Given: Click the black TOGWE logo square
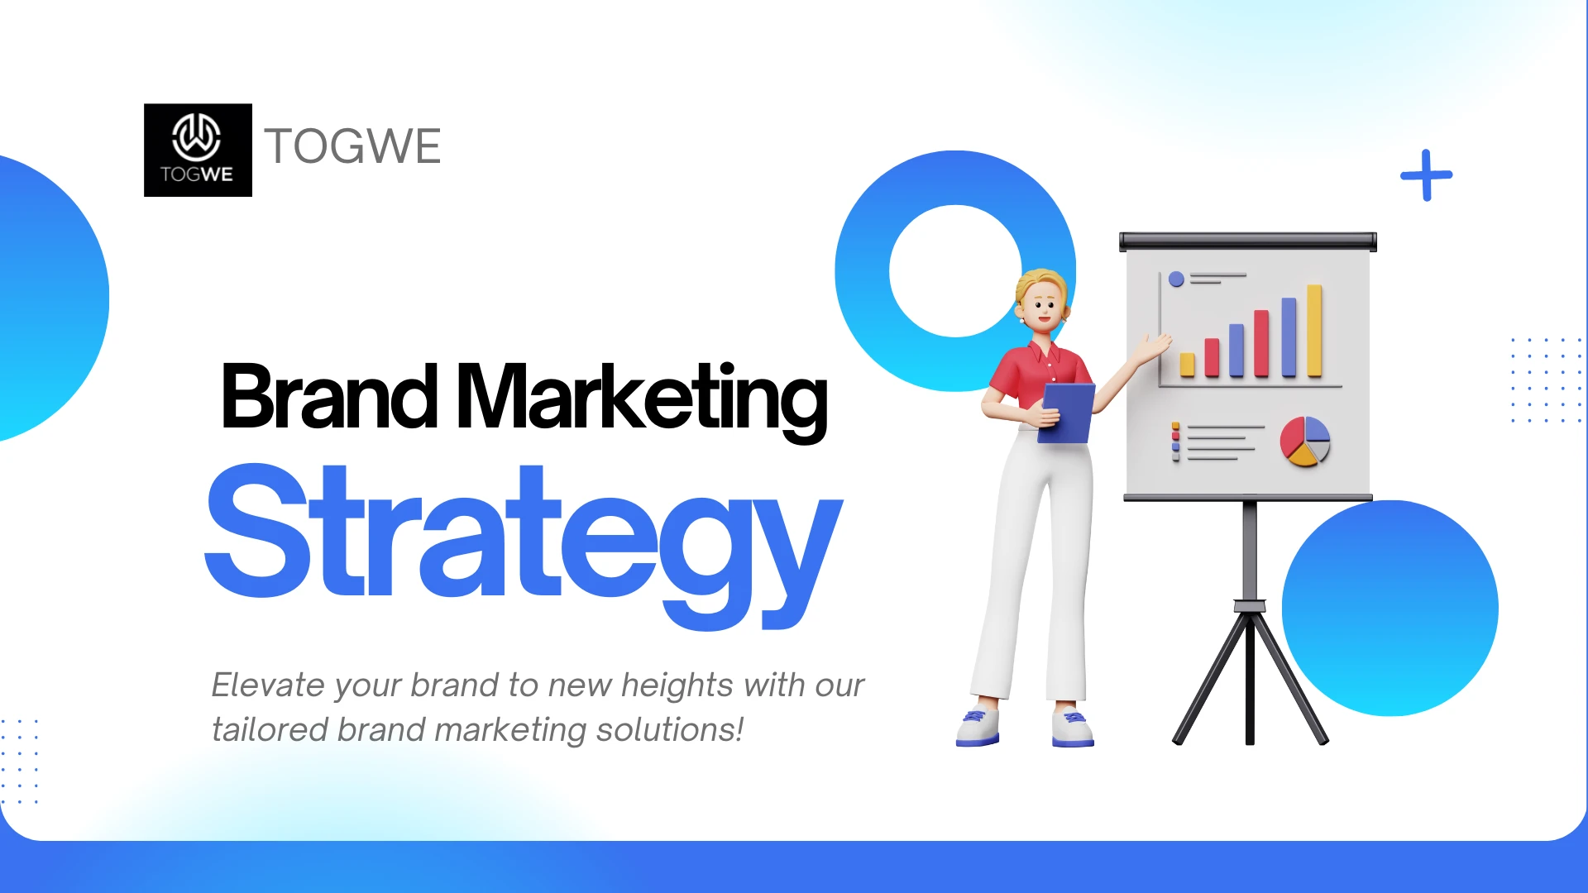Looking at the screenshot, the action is [x=198, y=150].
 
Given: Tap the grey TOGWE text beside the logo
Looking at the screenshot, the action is [x=352, y=146].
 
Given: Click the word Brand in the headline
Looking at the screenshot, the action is [x=329, y=397].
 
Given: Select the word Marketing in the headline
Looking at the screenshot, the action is [x=642, y=401].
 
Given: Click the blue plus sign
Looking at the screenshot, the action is [x=1426, y=175].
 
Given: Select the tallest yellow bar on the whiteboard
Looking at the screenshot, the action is [x=1314, y=331].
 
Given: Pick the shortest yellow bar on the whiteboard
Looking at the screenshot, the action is [x=1188, y=365].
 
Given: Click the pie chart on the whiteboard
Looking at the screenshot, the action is [x=1305, y=441].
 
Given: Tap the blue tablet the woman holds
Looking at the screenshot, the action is [x=1066, y=412].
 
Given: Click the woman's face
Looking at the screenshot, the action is [x=1044, y=306].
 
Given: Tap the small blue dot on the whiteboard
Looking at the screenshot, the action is [x=1176, y=279].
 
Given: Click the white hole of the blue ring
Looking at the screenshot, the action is [x=955, y=271].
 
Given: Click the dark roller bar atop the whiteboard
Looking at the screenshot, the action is [x=1248, y=241].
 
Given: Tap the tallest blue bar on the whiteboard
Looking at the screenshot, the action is [x=1289, y=337].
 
